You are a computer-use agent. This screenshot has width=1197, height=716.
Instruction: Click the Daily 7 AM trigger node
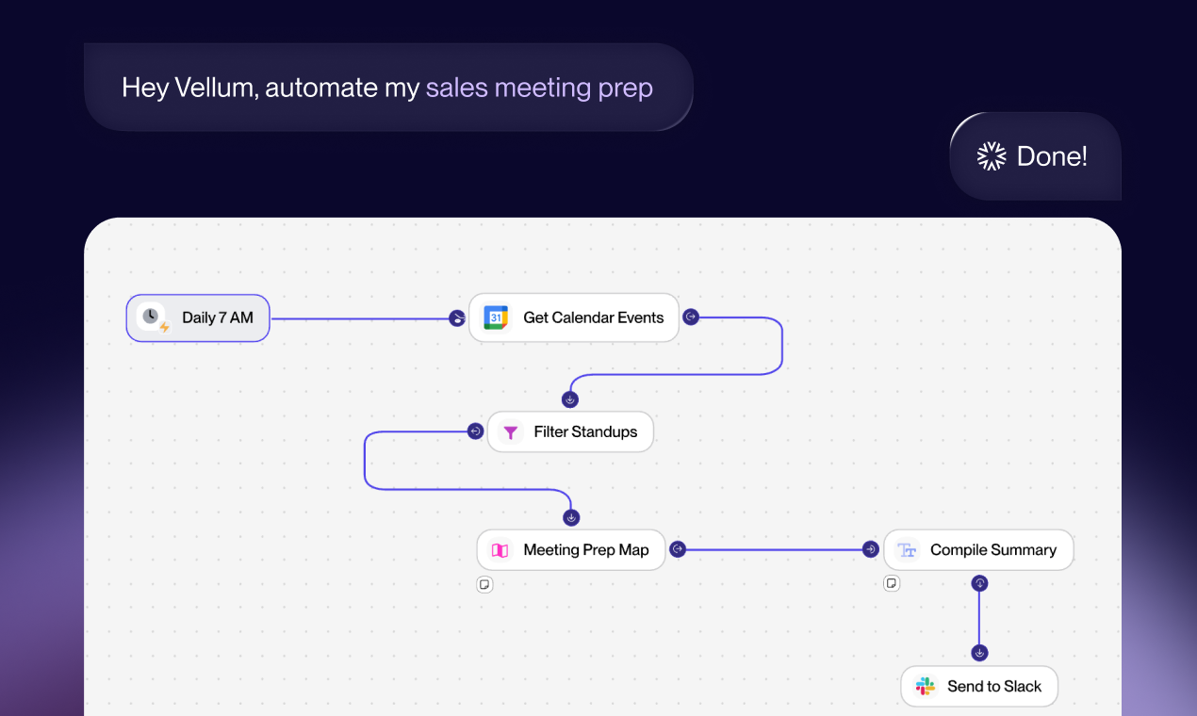click(198, 317)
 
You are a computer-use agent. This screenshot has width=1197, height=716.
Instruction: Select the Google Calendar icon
click(496, 317)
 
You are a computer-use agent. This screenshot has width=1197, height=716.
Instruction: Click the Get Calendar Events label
click(593, 317)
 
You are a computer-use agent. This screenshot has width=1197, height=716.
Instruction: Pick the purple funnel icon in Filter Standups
click(510, 432)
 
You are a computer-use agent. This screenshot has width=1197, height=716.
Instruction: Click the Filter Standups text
click(585, 432)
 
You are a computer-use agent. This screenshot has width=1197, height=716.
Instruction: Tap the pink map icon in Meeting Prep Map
click(500, 550)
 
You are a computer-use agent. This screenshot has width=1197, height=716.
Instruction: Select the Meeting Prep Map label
click(585, 550)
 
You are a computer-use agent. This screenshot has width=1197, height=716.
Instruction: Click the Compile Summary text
click(992, 550)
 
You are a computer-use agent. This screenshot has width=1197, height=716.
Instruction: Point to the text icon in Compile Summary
click(907, 550)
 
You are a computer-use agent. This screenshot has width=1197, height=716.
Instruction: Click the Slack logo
click(926, 686)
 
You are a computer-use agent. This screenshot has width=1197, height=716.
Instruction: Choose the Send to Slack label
click(993, 686)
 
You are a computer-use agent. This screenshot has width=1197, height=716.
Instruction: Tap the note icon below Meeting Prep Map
click(484, 584)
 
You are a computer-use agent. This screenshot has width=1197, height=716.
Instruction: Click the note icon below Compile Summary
click(892, 583)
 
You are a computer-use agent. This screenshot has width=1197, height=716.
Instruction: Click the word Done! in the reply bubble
click(1052, 156)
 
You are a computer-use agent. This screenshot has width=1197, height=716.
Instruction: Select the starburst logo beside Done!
click(992, 156)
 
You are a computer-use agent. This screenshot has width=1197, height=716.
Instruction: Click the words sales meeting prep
click(539, 88)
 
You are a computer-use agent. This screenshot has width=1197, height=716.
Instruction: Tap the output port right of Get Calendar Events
click(691, 317)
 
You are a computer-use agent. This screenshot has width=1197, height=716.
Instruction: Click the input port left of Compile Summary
click(871, 549)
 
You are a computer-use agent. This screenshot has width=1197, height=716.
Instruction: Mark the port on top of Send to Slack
click(979, 653)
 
